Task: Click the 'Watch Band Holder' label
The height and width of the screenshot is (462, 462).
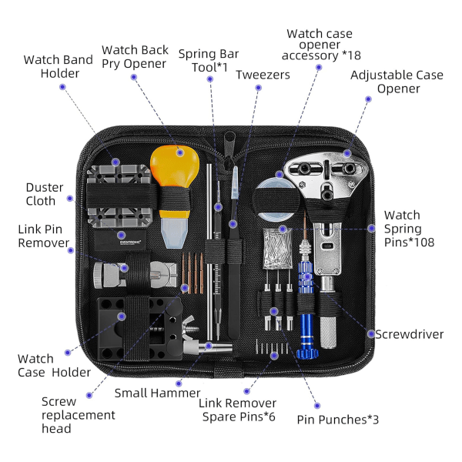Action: (58, 66)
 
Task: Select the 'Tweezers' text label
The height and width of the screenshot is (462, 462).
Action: (263, 75)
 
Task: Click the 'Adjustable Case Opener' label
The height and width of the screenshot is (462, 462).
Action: (397, 82)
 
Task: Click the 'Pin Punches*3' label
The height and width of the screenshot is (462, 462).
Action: (337, 420)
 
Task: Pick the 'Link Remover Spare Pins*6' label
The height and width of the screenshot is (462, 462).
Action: (237, 410)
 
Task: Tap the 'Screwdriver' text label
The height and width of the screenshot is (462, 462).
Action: (409, 334)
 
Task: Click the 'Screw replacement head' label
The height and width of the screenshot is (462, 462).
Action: (78, 415)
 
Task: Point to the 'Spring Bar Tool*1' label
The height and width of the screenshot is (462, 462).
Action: (208, 60)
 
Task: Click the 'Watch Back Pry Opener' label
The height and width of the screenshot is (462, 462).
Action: (135, 56)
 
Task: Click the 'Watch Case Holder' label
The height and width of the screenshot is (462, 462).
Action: (54, 366)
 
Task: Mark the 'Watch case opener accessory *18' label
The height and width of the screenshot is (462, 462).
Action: (320, 45)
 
